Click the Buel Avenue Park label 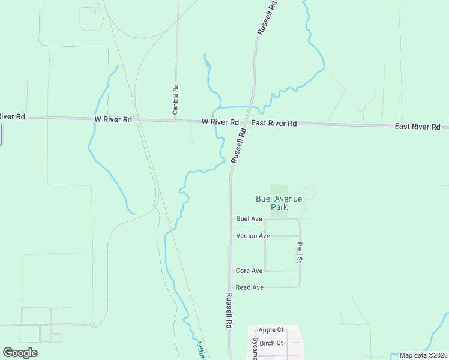coord(271,203)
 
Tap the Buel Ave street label coord(249,219)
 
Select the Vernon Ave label coord(253,236)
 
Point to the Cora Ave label coord(249,271)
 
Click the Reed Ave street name coord(250,287)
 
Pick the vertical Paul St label coord(299,253)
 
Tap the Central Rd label coord(176,99)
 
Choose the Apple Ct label coord(271,330)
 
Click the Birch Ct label coord(271,343)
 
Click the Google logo coord(20,353)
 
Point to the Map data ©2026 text coord(423,355)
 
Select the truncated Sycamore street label coord(255,349)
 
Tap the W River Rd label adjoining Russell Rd coord(220,121)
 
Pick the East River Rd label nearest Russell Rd coord(274,123)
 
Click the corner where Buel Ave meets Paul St coord(299,219)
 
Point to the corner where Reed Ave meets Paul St coord(299,287)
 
